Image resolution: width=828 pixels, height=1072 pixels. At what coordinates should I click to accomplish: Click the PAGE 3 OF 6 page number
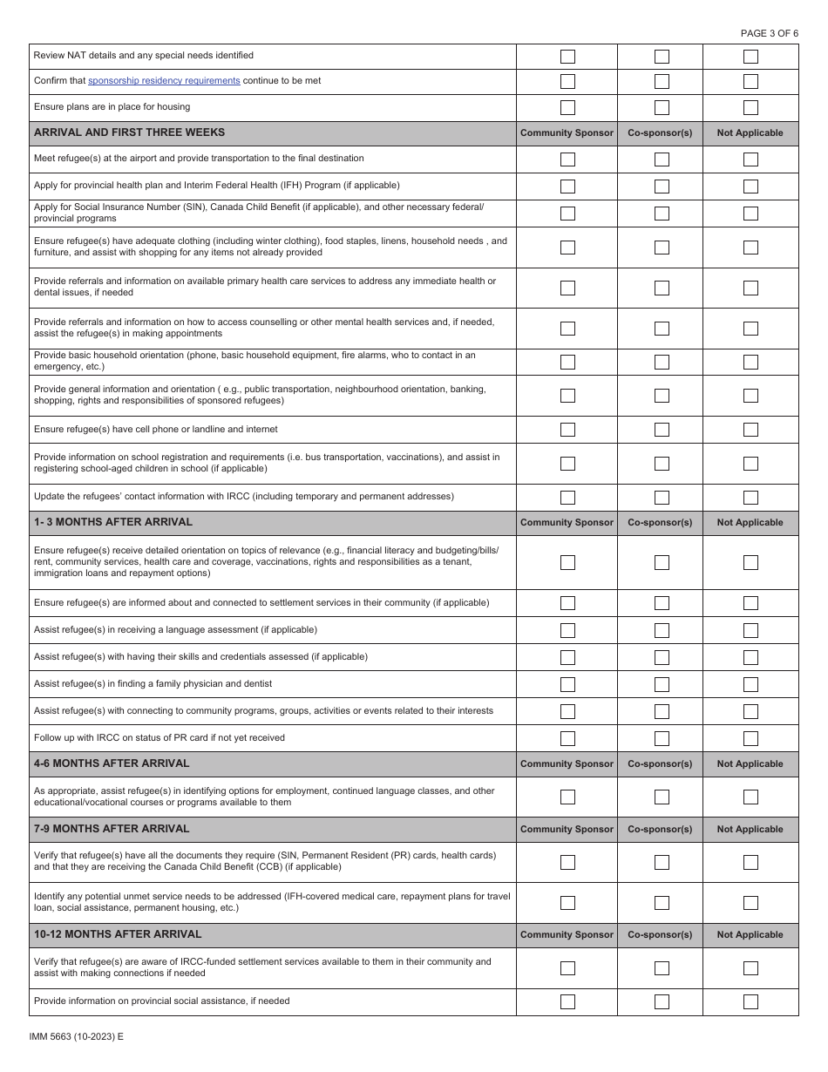pos(769,33)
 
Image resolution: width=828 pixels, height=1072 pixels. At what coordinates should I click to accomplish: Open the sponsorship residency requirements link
pos(164,81)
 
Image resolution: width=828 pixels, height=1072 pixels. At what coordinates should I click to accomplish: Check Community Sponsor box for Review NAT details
pos(567,57)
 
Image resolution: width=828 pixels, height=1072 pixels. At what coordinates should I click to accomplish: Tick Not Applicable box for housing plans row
pos(750,108)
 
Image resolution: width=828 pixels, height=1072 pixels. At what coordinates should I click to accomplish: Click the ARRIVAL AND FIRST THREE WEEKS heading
pos(129,132)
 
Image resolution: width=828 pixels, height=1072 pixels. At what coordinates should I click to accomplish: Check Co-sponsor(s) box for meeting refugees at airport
pos(662,159)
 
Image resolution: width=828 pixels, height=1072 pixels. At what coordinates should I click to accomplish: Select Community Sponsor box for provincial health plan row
pos(567,187)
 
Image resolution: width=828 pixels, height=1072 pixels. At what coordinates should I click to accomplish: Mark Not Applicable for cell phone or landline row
pos(750,430)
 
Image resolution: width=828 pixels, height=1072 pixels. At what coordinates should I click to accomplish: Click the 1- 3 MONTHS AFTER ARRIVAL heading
pos(113,522)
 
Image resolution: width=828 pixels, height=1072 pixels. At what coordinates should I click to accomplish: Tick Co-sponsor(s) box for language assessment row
pos(662,630)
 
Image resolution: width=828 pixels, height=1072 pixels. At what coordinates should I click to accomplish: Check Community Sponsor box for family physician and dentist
pos(567,684)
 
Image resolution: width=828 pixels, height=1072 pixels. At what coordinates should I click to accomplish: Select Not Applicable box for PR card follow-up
pos(750,738)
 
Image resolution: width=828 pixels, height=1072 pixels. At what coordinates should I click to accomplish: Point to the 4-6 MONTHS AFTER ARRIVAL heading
pos(112,763)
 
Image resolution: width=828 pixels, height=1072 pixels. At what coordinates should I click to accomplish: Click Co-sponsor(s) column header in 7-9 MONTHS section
pos(660,830)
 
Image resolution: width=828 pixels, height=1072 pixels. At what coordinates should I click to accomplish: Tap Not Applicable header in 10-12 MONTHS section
pos(750,934)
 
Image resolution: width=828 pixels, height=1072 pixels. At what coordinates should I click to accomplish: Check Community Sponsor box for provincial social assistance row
pos(567,1001)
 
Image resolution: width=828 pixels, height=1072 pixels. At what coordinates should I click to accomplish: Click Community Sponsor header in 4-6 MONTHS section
pos(567,764)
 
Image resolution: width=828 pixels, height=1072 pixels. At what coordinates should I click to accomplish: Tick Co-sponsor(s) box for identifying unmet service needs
pos(662,903)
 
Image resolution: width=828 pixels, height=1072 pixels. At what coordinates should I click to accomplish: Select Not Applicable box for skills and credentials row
pos(750,657)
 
